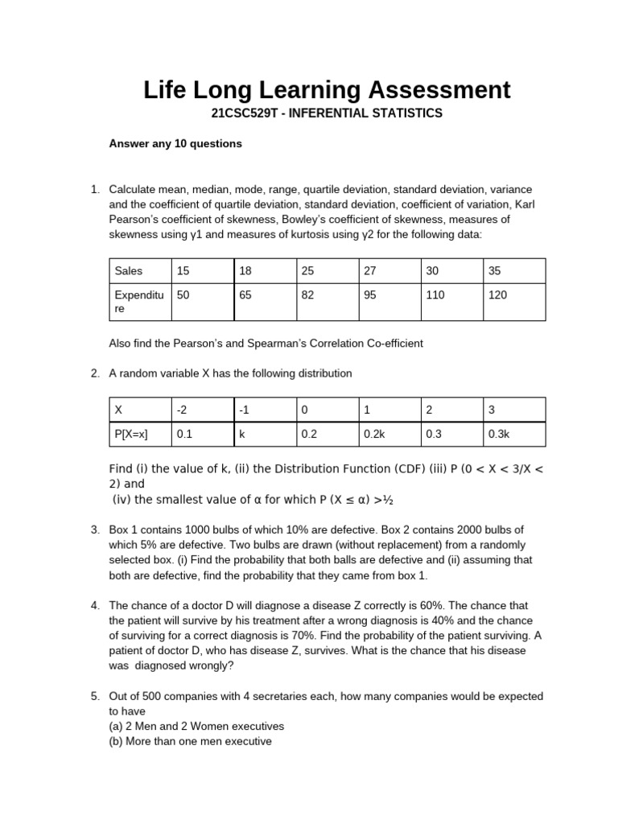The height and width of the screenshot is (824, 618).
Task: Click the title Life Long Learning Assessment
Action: [327, 89]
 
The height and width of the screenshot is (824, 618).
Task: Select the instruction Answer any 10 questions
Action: [175, 144]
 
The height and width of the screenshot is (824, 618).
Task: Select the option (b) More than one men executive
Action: [190, 741]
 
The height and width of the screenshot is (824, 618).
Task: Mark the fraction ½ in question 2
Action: [389, 500]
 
